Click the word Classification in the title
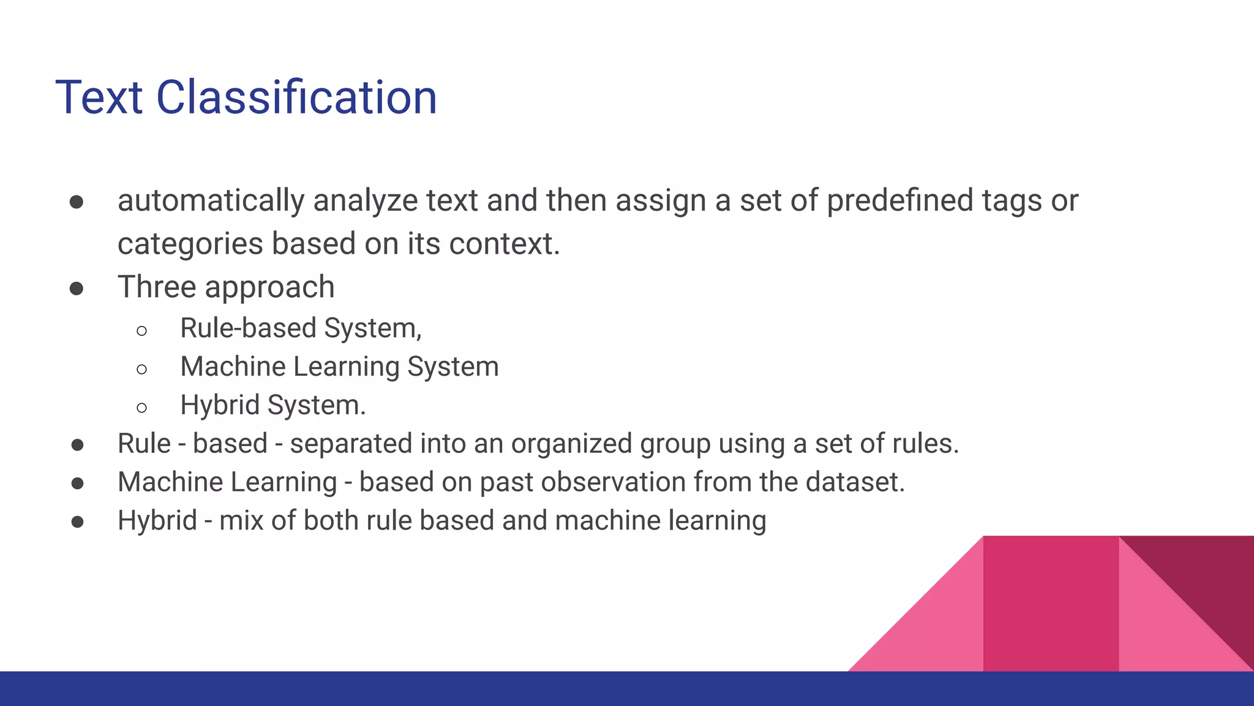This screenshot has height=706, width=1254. (x=296, y=97)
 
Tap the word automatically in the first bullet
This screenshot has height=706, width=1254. (x=211, y=201)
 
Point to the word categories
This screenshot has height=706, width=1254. (x=190, y=245)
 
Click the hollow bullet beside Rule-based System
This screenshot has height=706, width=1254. (x=142, y=331)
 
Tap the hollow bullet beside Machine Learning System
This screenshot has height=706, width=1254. (x=142, y=369)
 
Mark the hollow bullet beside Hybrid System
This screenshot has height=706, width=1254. (x=142, y=408)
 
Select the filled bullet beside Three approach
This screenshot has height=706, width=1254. (x=77, y=289)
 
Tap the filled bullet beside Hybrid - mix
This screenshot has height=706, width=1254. (x=77, y=522)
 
